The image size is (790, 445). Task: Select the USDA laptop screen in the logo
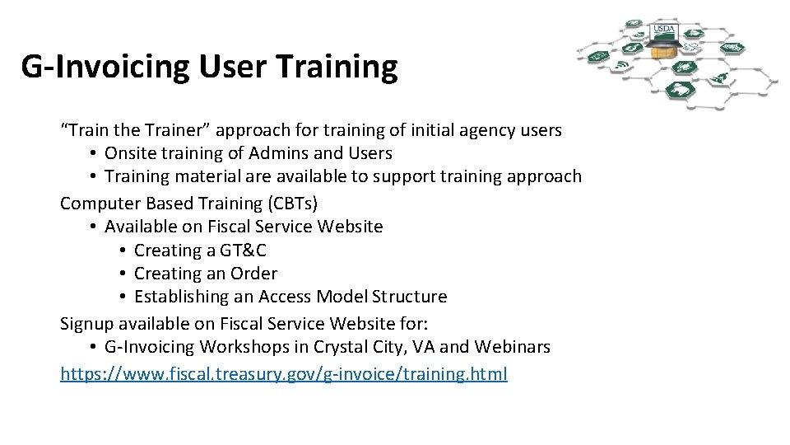(663, 32)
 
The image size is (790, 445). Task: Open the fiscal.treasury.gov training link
(284, 374)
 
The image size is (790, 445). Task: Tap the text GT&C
(243, 251)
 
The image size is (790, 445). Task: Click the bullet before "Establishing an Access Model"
(122, 297)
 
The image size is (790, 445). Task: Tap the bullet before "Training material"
(93, 176)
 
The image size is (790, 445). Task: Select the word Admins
(281, 153)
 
